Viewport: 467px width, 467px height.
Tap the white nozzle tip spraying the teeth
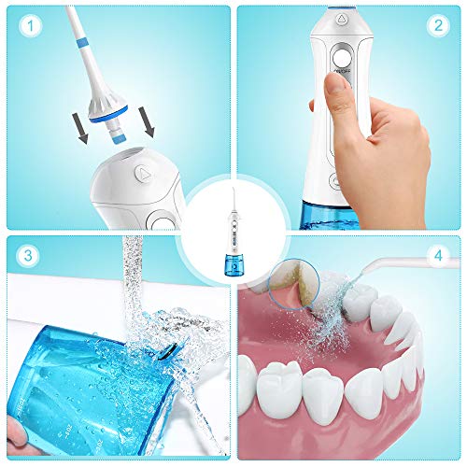[397, 267]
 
